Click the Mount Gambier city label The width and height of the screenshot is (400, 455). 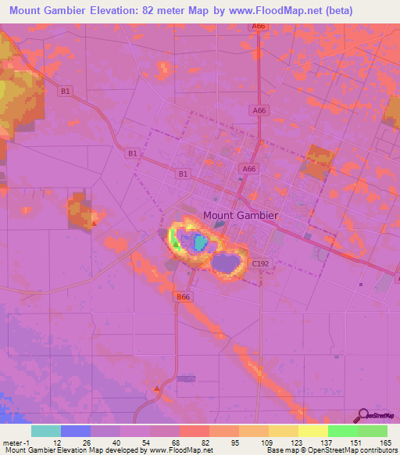pos(240,215)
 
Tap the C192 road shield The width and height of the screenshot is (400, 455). pos(261,265)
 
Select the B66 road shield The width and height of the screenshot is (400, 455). pos(183,297)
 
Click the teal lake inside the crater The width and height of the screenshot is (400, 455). pos(200,243)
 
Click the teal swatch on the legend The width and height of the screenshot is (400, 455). pos(47,431)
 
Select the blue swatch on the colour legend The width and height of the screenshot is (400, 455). pos(77,431)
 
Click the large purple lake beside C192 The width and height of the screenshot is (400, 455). pos(227,263)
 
